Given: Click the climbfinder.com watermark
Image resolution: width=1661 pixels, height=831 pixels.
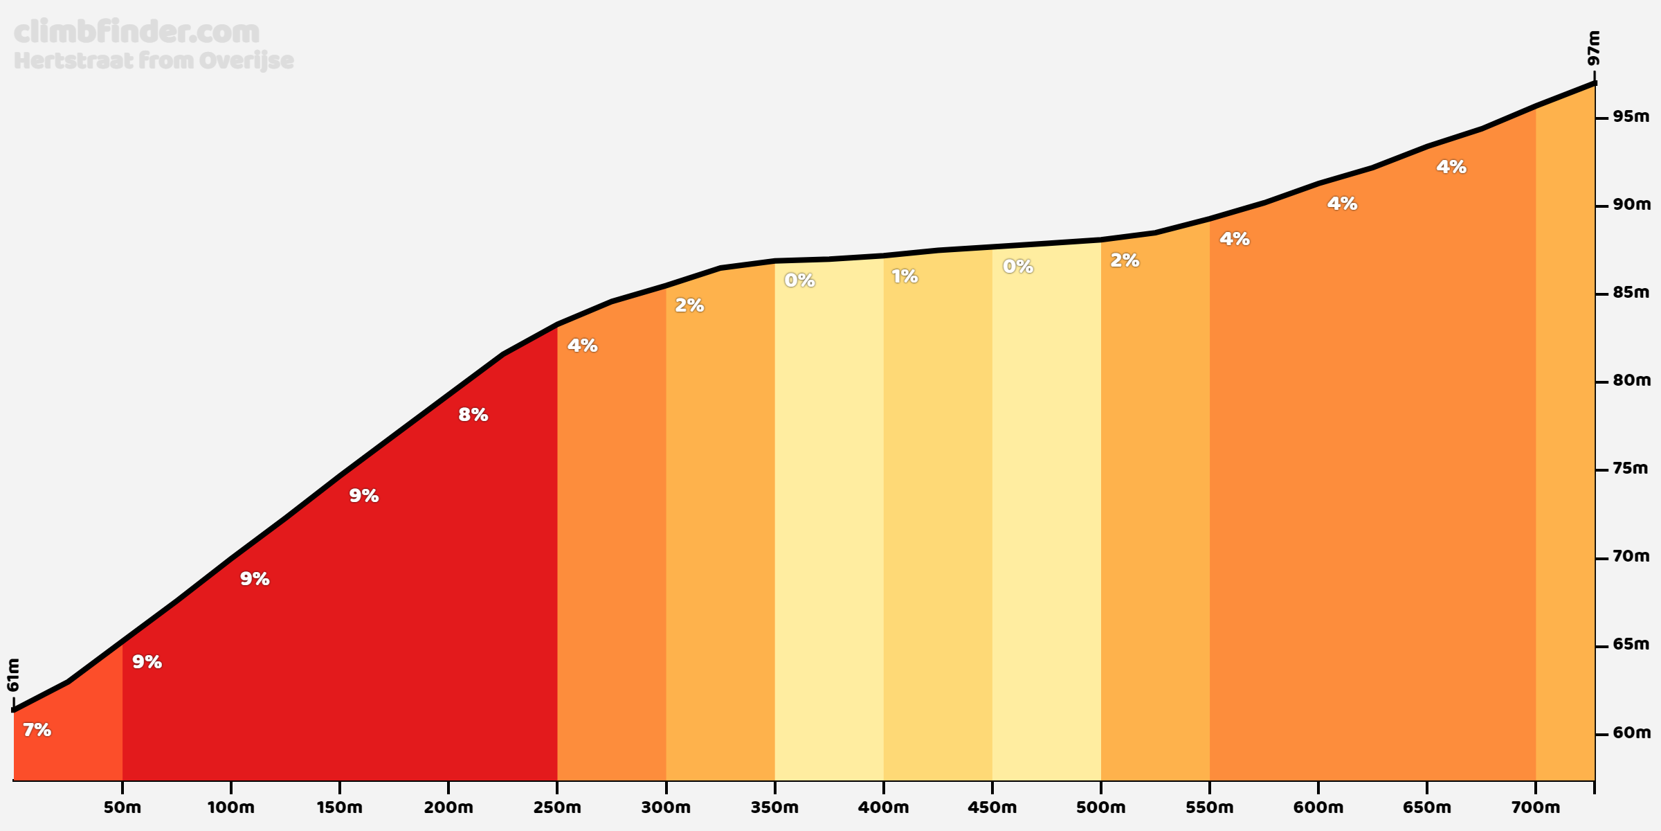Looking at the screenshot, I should (136, 33).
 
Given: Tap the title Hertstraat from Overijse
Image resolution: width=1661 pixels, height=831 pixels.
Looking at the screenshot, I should (154, 61).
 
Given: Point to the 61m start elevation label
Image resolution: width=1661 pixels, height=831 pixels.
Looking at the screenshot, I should (14, 674).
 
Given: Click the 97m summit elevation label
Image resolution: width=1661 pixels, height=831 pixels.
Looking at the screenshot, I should (1594, 48).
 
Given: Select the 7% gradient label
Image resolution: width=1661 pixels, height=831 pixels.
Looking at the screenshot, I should (37, 730).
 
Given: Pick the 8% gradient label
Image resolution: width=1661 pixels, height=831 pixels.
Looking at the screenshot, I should (473, 415).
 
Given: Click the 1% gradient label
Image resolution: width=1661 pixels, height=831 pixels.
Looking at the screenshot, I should (905, 277).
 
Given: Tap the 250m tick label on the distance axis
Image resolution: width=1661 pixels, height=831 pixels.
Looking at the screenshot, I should (557, 807).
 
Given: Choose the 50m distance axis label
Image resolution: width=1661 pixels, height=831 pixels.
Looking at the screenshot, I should (122, 807).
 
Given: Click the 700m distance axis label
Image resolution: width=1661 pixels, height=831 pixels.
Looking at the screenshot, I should (1536, 807).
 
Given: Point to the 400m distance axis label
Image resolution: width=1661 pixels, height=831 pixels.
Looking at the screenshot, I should (883, 807).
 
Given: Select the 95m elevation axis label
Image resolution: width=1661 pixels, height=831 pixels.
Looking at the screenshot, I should (1631, 116).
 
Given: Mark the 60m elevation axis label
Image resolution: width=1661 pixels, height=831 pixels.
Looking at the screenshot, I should (1631, 733).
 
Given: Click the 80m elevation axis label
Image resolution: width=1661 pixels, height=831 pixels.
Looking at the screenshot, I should (1631, 380).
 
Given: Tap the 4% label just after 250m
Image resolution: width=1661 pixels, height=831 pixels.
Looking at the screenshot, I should (583, 346).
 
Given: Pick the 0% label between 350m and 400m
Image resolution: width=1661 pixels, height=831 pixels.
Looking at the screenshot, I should (799, 280).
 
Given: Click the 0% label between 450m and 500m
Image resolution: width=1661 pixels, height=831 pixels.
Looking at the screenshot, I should (1018, 267).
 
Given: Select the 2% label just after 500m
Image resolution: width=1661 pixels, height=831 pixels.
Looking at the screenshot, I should (1125, 260).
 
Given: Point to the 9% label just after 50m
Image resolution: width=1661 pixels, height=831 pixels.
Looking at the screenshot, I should (147, 662).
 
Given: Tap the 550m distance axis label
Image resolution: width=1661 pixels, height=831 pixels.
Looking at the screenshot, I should (1209, 807).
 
